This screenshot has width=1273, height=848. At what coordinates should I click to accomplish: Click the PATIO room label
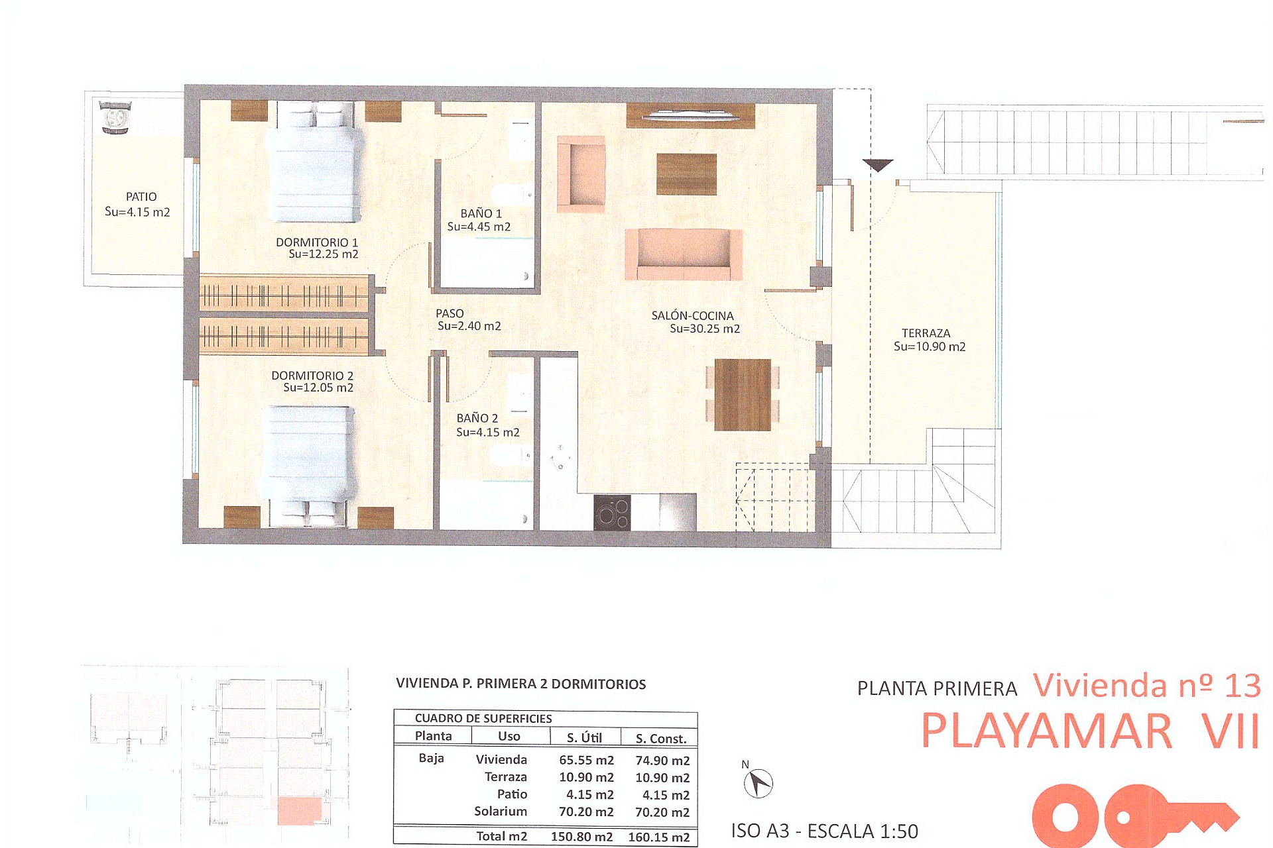click(x=141, y=197)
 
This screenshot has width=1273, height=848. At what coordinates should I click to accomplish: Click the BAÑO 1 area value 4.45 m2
click(x=479, y=227)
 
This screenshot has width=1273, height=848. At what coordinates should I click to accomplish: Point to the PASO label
click(x=450, y=313)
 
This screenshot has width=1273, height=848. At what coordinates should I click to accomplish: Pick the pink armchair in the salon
click(x=581, y=174)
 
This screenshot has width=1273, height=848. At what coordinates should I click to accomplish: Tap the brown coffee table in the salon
click(x=686, y=174)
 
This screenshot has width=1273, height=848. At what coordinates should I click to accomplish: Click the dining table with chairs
click(x=743, y=395)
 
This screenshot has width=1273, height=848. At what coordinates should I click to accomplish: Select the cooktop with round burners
click(x=612, y=513)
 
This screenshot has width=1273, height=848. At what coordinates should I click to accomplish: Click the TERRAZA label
click(x=926, y=333)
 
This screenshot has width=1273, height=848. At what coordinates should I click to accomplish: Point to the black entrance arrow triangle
click(x=878, y=165)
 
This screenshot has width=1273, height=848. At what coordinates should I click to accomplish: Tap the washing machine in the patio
click(x=115, y=117)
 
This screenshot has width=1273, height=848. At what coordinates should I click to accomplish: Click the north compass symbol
click(x=758, y=784)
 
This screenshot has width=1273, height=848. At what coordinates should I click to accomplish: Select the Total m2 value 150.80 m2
click(x=581, y=837)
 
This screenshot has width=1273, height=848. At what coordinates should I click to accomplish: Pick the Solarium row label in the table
click(x=501, y=812)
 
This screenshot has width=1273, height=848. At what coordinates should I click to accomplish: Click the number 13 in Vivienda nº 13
click(x=1242, y=686)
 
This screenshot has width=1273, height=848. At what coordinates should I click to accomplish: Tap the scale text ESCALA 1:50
click(x=863, y=831)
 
